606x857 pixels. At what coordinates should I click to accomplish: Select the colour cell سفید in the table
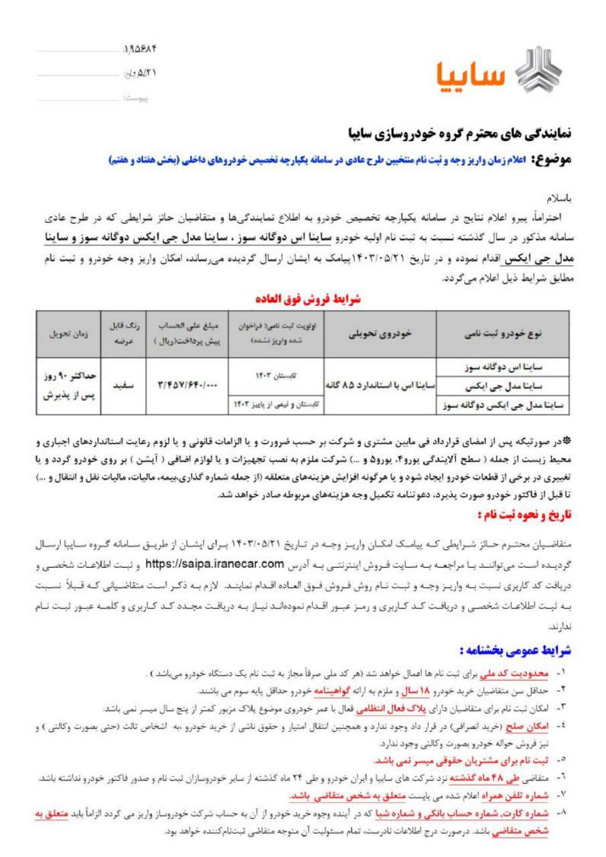point(117,387)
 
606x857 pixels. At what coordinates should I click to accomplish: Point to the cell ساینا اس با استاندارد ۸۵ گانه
point(380,387)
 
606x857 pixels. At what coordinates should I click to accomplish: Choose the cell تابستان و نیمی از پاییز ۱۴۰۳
point(277,405)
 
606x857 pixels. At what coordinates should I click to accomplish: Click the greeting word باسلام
point(556,200)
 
